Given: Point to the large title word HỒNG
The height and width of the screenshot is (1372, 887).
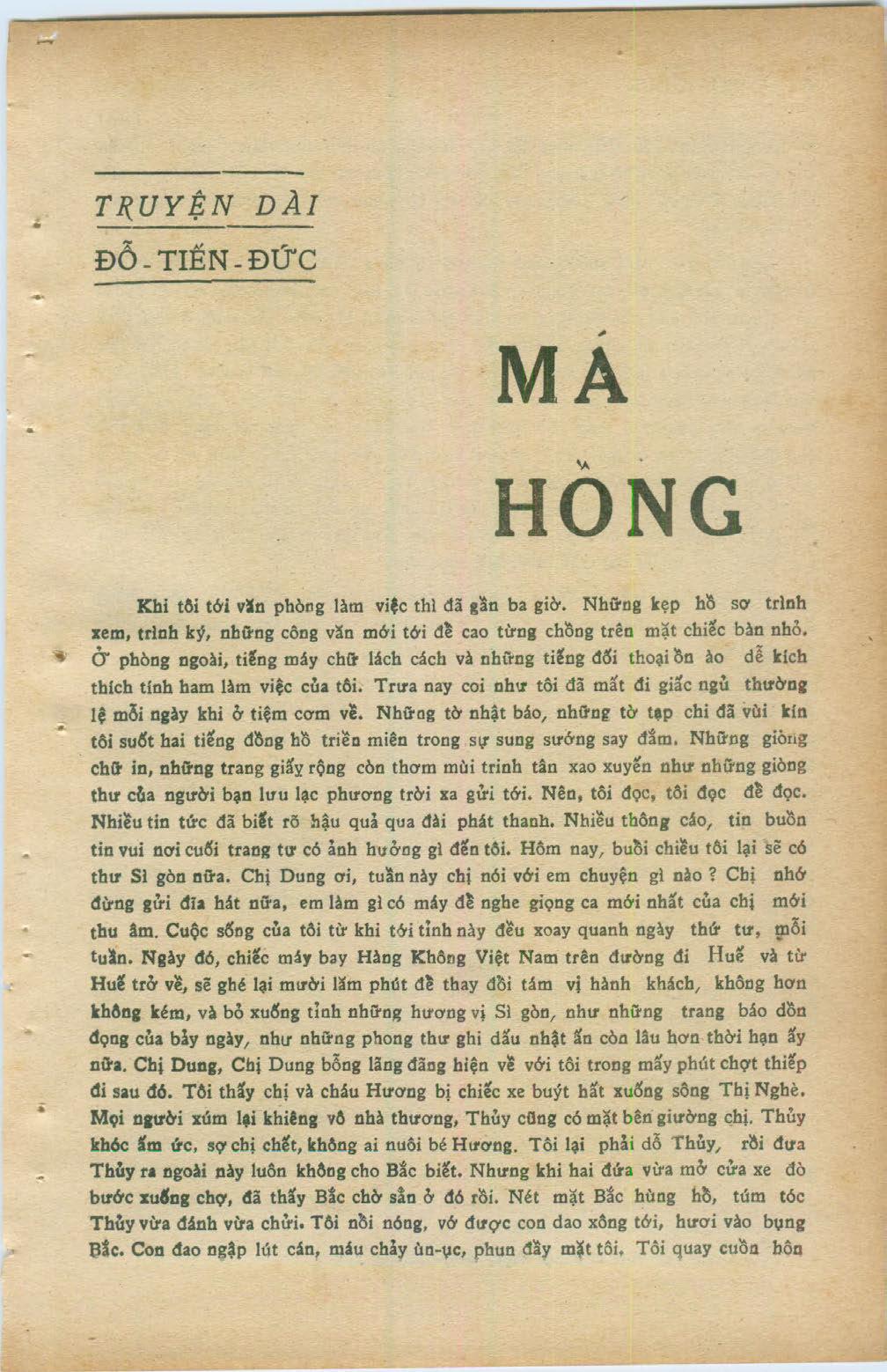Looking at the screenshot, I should pyautogui.click(x=618, y=508).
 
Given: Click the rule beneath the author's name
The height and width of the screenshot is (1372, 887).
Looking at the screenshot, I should pyautogui.click(x=204, y=282).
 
